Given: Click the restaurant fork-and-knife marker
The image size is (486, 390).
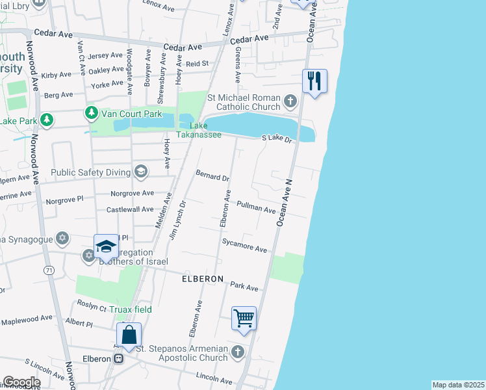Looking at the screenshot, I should pyautogui.click(x=314, y=81).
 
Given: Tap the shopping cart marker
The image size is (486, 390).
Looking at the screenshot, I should pyautogui.click(x=244, y=318).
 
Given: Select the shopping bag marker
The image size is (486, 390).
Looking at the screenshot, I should pyautogui.click(x=129, y=335).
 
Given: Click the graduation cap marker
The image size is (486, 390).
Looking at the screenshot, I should pyautogui.click(x=107, y=247).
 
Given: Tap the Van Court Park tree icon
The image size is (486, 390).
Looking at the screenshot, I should pyautogui.click(x=92, y=114).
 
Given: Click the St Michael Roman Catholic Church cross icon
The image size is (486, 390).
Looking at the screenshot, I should pyautogui.click(x=290, y=101).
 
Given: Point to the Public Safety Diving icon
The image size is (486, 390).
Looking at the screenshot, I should pyautogui.click(x=140, y=172).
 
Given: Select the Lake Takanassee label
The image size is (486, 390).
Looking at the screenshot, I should pyautogui.click(x=205, y=130).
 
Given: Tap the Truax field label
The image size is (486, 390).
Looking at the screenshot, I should pyautogui.click(x=129, y=309).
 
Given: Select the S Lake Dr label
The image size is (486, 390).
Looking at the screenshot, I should pyautogui.click(x=277, y=138).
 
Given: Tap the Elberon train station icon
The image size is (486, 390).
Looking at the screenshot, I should pyautogui.click(x=118, y=358).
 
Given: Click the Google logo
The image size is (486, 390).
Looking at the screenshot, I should pyautogui.click(x=21, y=382).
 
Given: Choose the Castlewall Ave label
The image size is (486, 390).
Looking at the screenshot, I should pyautogui.click(x=130, y=209).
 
